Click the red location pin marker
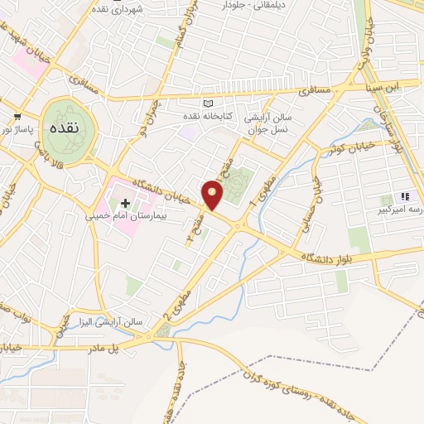pos(214,195)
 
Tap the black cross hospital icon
pos(125,202)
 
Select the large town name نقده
pos(64,131)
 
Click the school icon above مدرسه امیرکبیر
pos(405,196)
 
